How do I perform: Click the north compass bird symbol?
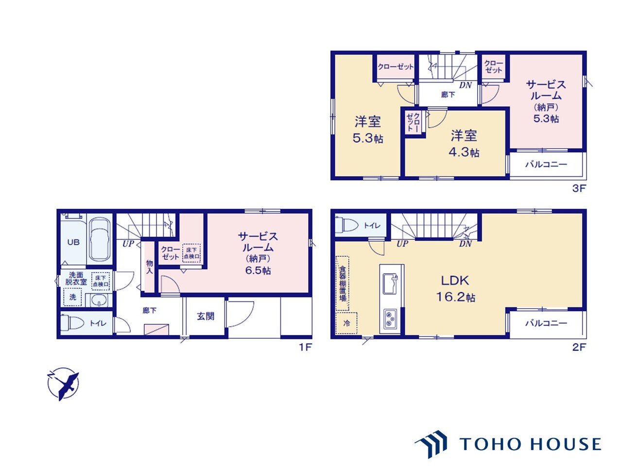63,383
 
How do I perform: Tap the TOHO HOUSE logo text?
530,444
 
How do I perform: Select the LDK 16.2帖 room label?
455,289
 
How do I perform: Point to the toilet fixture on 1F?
72,323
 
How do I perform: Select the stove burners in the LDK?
390,318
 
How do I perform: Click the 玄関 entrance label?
206,316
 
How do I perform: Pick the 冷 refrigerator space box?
346,323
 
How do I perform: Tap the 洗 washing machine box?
72,297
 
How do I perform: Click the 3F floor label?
579,188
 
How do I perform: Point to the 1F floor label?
306,347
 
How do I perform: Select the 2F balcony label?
546,323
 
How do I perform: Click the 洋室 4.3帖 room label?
464,144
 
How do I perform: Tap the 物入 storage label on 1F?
149,267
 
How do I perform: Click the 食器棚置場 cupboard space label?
343,283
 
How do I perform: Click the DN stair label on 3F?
466,85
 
